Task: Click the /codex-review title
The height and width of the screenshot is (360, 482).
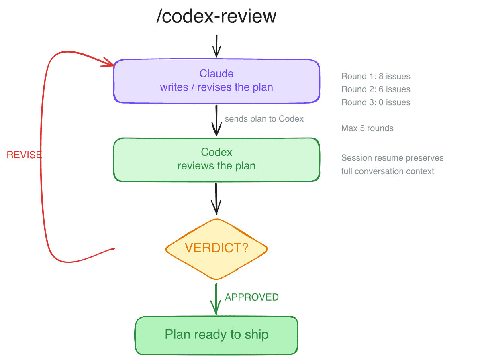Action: [216, 17]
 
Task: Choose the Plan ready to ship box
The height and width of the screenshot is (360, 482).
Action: [216, 335]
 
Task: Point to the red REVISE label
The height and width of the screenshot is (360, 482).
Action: [24, 155]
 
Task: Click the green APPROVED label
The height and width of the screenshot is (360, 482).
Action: [251, 297]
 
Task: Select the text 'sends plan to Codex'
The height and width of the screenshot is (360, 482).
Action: [264, 119]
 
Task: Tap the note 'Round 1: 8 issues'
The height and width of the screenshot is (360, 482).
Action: [376, 76]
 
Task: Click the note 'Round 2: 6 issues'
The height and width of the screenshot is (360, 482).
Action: [376, 89]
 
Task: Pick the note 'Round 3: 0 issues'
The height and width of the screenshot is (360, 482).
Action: [376, 102]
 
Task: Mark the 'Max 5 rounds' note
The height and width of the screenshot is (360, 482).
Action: [367, 128]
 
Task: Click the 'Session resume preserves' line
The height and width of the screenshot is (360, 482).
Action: [392, 158]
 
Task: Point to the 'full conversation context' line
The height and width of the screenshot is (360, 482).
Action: [388, 171]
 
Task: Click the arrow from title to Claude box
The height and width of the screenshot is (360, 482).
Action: [216, 46]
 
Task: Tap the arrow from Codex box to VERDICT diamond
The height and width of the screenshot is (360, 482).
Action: [216, 199]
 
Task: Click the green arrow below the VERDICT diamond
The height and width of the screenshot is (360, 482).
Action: [216, 299]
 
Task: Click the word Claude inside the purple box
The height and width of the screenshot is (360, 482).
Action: [216, 74]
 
